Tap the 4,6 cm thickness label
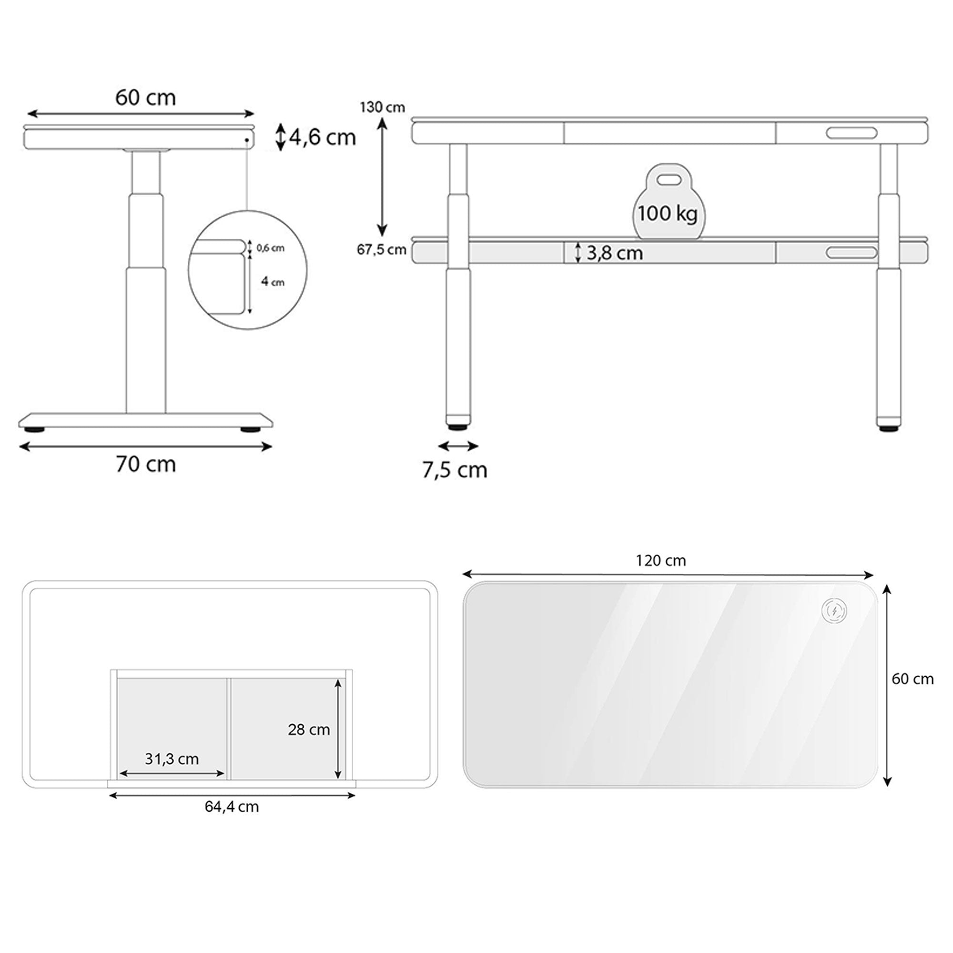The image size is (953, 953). click(322, 138)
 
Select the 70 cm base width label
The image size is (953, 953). click(145, 465)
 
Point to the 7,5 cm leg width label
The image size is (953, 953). click(454, 470)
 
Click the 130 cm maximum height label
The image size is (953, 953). click(382, 107)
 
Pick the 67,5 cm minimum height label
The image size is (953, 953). click(381, 250)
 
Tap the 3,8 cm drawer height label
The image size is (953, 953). click(615, 253)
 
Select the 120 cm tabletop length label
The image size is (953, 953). click(660, 561)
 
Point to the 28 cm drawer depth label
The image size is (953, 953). click(309, 730)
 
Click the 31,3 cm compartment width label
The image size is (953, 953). click(172, 759)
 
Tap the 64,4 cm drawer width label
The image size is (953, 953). click(232, 807)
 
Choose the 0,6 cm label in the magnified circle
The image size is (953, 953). click(270, 248)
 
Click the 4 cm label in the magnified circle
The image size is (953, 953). click(272, 282)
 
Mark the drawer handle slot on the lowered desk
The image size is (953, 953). click(852, 253)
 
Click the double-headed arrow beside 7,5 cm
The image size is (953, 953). click(458, 446)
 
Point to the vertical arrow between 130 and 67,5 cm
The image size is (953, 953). click(382, 178)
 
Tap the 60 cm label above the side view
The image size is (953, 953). click(145, 98)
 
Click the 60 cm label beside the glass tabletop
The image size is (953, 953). click(912, 679)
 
